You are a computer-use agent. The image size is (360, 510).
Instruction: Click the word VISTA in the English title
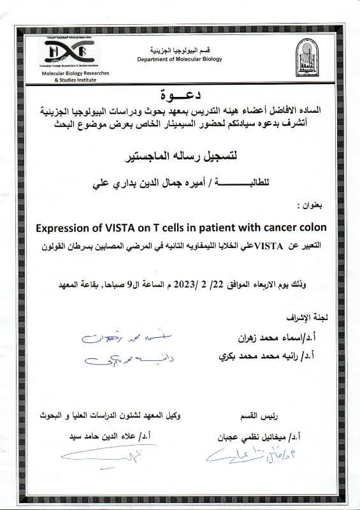pyautogui.click(x=119, y=228)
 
